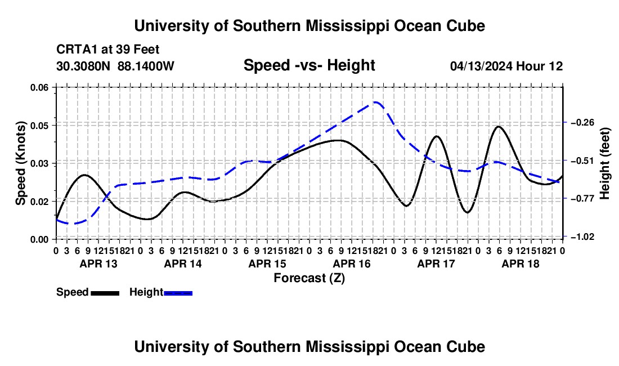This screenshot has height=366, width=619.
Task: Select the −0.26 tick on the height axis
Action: [x=582, y=122]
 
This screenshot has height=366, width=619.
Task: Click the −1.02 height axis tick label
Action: [x=582, y=236]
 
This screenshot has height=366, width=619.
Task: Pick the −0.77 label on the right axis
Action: [x=582, y=198]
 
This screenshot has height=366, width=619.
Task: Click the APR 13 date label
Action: [x=98, y=264]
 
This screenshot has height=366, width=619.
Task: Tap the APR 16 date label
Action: [x=352, y=264]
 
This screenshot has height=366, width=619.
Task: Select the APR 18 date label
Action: [x=521, y=264]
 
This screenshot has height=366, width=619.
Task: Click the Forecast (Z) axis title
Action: [x=309, y=278]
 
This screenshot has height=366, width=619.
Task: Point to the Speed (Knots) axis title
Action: [x=20, y=163]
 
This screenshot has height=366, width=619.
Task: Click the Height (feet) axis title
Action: [x=604, y=163]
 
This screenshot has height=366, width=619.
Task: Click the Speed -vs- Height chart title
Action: [x=309, y=65]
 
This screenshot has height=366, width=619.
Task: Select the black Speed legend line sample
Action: [x=105, y=293]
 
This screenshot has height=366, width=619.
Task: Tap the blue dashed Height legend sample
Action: [x=178, y=293]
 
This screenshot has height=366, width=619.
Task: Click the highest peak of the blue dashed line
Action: [x=375, y=102]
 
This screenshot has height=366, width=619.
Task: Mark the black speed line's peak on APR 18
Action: [x=498, y=127]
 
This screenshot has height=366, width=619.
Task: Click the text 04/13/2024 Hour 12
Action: [x=506, y=66]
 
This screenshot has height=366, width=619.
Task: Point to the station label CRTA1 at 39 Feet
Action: [x=108, y=50]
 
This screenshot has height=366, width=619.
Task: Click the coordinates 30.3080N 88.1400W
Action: [x=115, y=66]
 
